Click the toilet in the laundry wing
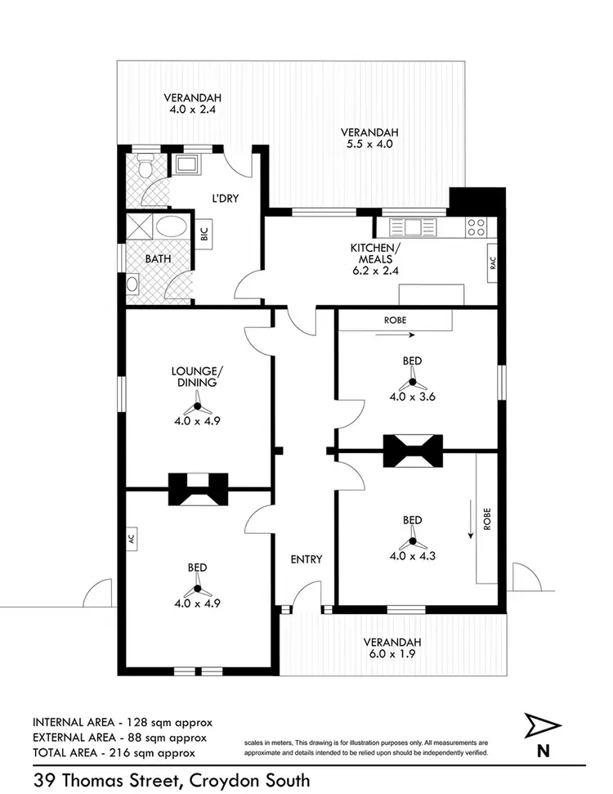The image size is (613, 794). pyautogui.click(x=145, y=169)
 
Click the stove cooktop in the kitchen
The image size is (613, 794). pyautogui.click(x=476, y=227)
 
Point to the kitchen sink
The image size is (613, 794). pyautogui.click(x=413, y=227)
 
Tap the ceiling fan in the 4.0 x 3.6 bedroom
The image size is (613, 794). pyautogui.click(x=413, y=383)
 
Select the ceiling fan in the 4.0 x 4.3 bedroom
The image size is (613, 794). pyautogui.click(x=413, y=541)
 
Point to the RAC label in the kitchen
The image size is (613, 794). pyautogui.click(x=493, y=264)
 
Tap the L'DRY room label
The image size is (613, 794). pyautogui.click(x=225, y=198)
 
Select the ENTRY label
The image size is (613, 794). pyautogui.click(x=306, y=559)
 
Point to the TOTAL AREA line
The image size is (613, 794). pyautogui.click(x=114, y=751)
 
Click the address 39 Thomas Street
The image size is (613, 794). pyautogui.click(x=171, y=780)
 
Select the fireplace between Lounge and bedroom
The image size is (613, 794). pyautogui.click(x=198, y=490)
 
